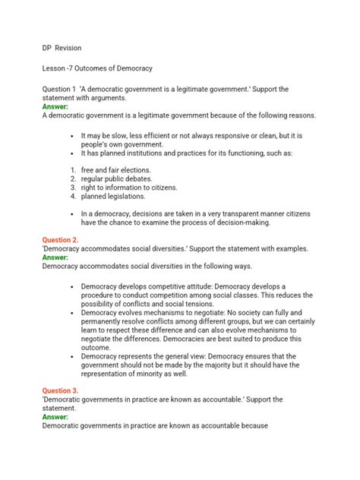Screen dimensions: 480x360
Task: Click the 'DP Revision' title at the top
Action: coord(62,48)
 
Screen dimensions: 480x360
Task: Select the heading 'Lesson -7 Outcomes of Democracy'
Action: coord(107,68)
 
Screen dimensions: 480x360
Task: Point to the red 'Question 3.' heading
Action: coord(62,390)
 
